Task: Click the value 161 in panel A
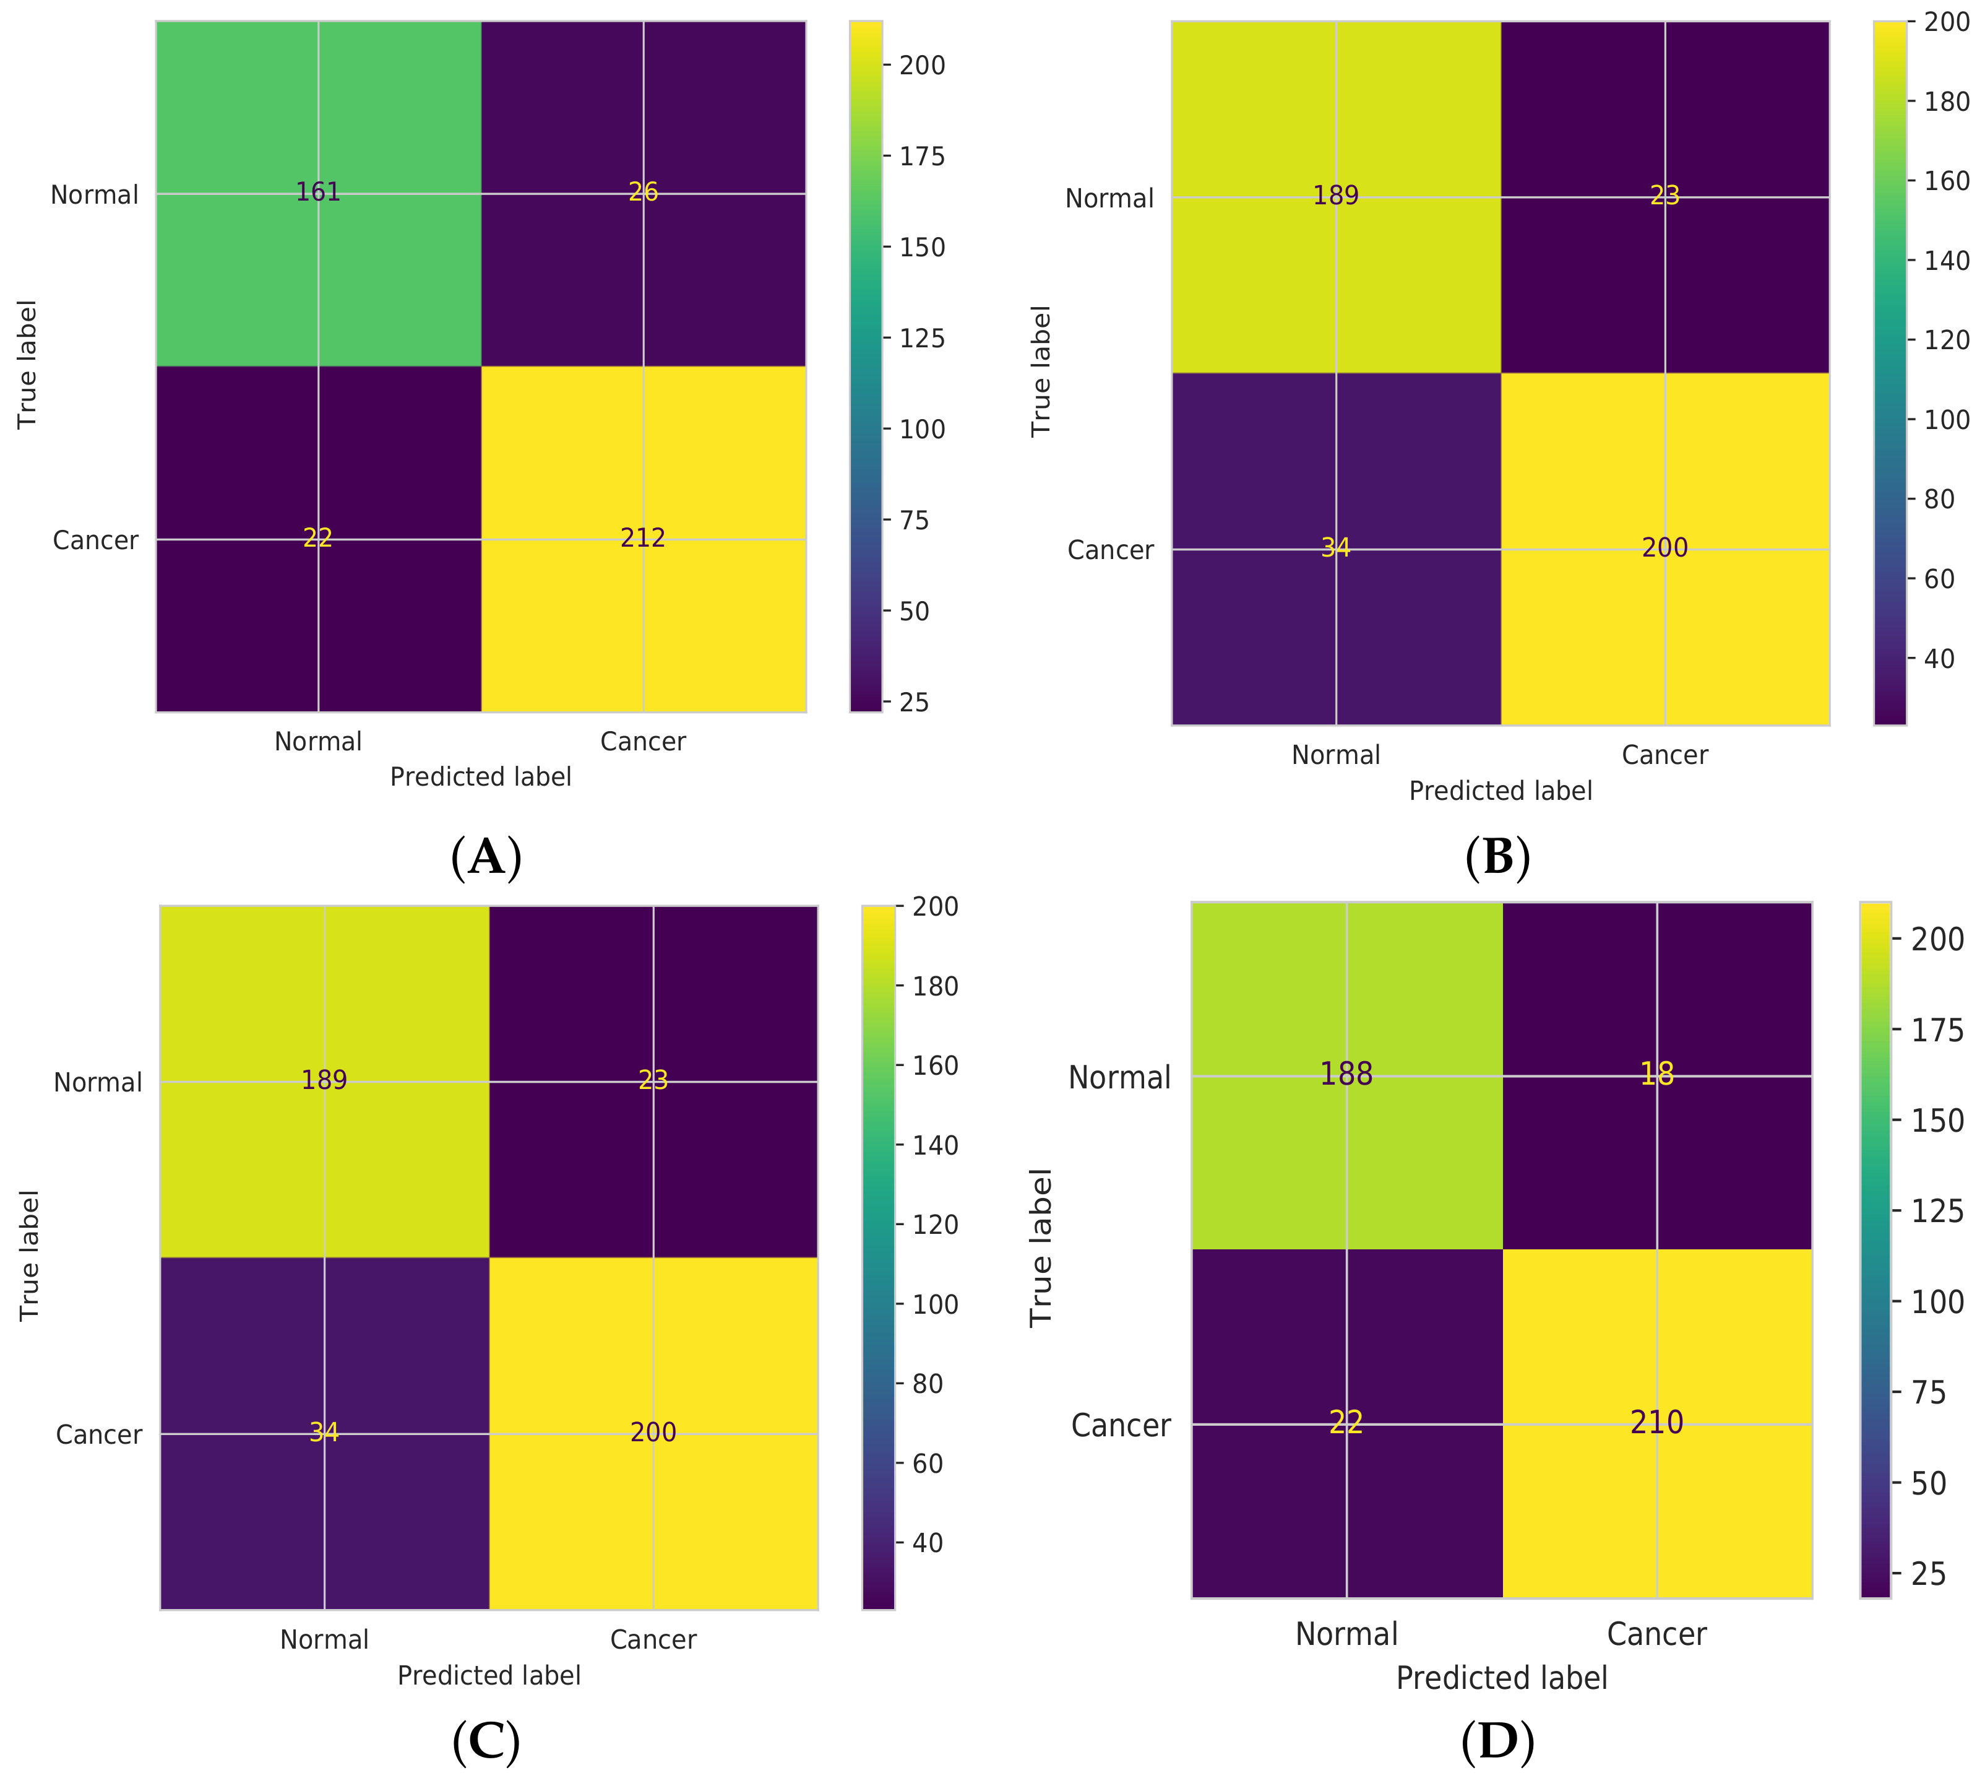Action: pos(318,192)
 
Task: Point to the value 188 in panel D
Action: pos(1346,1075)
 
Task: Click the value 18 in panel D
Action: pos(1657,1075)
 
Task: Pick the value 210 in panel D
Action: pos(1657,1423)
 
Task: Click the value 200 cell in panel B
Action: pos(1664,548)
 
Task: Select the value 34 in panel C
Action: pos(324,1432)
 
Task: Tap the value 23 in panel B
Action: pos(1664,196)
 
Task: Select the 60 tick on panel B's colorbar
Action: pos(1940,579)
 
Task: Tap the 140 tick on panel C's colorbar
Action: pos(934,1145)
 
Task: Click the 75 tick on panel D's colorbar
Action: pos(1929,1392)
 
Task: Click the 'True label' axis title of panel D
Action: pos(1040,1247)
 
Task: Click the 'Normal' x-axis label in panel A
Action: pos(318,742)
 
